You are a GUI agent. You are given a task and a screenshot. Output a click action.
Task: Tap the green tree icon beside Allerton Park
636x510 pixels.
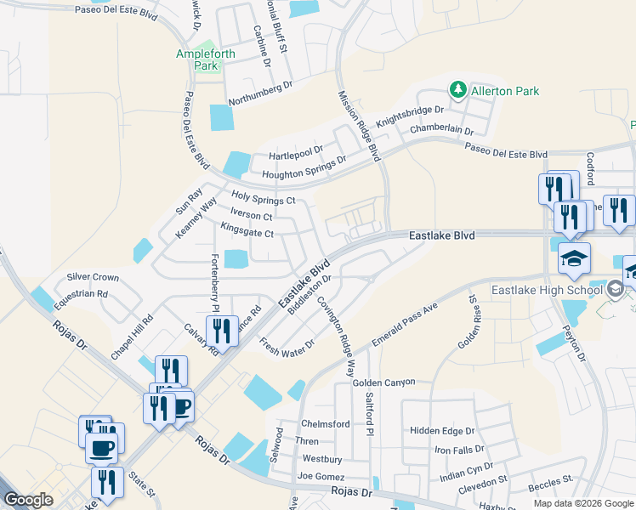457,90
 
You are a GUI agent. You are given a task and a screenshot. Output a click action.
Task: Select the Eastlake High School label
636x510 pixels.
548,291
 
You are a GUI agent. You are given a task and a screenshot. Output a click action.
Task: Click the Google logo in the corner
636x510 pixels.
28,500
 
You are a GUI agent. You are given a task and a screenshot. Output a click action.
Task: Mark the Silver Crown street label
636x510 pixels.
93,277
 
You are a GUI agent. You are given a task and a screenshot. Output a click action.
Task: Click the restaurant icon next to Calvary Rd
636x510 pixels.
221,330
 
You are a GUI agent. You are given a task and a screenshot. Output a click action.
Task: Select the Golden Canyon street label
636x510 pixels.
386,383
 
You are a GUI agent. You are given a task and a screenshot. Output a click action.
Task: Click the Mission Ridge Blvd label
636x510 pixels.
359,126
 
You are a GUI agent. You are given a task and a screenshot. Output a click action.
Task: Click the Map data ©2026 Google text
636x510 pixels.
582,503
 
